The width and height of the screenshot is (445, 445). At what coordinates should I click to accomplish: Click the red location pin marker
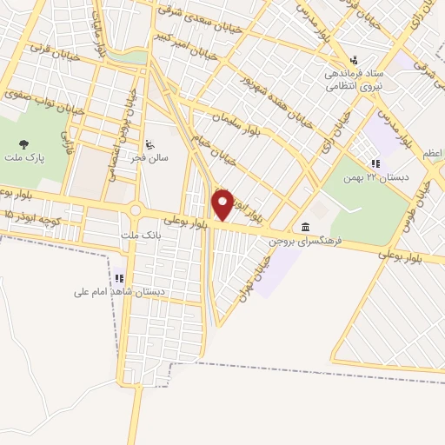(x=222, y=203)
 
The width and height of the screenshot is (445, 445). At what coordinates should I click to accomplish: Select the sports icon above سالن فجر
(x=149, y=144)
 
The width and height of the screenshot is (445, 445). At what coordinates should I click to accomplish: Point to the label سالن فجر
(x=157, y=159)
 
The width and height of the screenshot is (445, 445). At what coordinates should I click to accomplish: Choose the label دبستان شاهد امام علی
(x=118, y=292)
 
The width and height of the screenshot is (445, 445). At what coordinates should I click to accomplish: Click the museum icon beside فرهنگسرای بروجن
(x=305, y=228)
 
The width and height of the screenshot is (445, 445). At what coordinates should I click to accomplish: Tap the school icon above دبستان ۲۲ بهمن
(x=375, y=163)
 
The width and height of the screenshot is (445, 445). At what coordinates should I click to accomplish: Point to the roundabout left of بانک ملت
(x=135, y=209)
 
